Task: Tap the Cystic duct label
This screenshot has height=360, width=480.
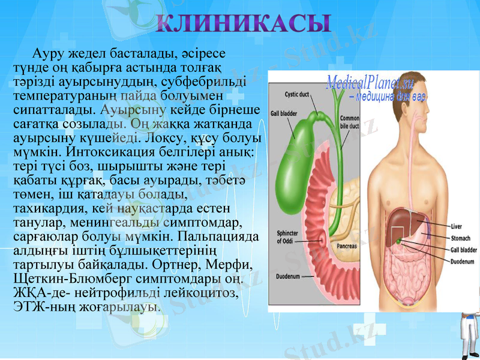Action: tap(296, 94)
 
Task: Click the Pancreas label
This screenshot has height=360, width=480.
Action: tap(346, 246)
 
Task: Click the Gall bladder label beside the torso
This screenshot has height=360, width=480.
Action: tap(464, 250)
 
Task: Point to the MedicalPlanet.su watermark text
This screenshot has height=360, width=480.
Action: tap(370, 83)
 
